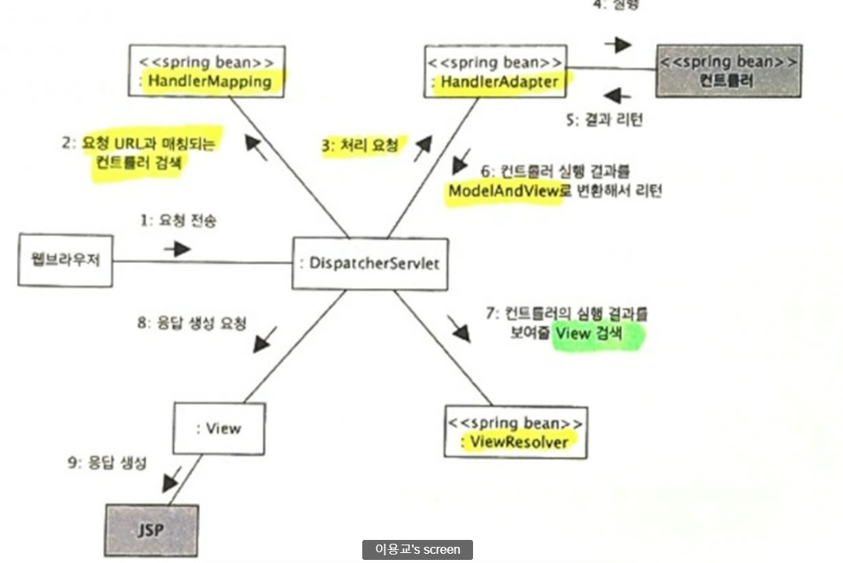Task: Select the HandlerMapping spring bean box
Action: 207,71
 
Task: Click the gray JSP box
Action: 151,530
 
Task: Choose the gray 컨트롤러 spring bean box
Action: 728,71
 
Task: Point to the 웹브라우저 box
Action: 65,260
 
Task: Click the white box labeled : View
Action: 218,428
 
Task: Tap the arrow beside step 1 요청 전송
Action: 177,249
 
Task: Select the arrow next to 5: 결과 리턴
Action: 617,95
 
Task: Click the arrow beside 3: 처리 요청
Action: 421,149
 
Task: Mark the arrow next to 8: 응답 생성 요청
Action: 264,339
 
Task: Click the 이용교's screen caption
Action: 418,549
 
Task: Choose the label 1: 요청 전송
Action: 178,222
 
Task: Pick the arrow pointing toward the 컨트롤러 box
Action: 618,45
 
